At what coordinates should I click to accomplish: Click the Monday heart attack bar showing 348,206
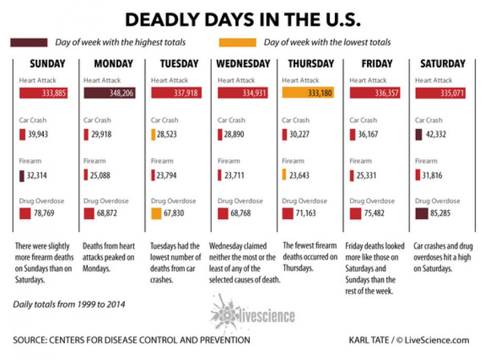tap(109, 93)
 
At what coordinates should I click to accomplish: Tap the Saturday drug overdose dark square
tap(421, 214)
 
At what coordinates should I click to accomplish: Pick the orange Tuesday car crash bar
tap(153, 135)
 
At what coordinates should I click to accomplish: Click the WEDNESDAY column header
tap(243, 64)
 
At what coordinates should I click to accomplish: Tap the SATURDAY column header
tap(442, 64)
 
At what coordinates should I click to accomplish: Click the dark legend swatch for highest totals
tap(30, 42)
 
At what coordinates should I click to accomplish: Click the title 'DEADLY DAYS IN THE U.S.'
tap(242, 19)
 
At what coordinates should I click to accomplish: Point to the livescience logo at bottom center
tap(253, 311)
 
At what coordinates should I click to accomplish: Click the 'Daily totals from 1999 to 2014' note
tap(69, 305)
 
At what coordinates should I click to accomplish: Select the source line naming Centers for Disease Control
tap(132, 340)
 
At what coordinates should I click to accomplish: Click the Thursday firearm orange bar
tap(284, 175)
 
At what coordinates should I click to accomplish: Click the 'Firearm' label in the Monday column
tap(94, 161)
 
